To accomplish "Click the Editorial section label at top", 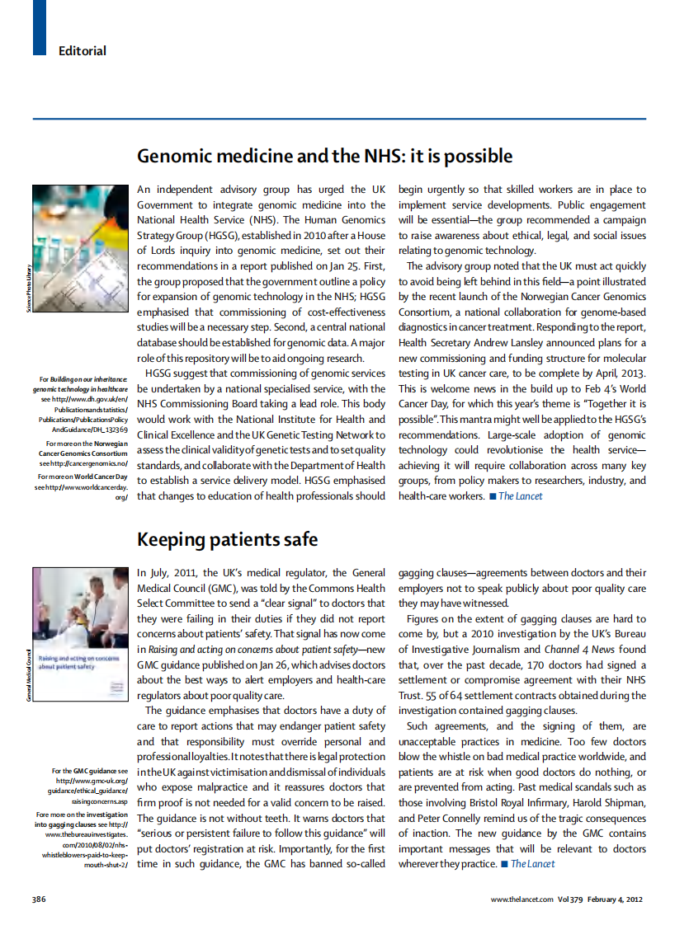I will [x=82, y=51].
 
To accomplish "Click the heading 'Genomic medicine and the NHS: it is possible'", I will [x=324, y=157].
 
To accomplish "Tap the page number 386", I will [x=39, y=899].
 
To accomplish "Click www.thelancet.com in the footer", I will [x=522, y=899].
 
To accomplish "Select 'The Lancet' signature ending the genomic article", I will [x=520, y=496].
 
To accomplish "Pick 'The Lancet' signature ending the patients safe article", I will [x=532, y=863].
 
